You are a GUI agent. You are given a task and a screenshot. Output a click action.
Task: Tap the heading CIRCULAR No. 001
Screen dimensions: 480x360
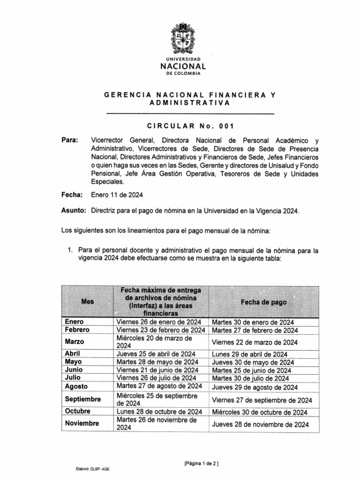(190, 126)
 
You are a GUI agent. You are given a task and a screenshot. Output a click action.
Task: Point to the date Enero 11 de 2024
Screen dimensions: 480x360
(117, 195)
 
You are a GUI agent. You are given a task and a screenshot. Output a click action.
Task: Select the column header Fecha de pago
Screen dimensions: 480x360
(263, 302)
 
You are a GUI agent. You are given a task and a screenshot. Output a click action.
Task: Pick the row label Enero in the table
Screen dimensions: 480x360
(75, 322)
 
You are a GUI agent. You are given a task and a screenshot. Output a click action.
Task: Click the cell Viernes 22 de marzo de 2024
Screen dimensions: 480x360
(255, 342)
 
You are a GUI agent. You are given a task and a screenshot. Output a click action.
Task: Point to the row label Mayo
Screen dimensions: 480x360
(73, 362)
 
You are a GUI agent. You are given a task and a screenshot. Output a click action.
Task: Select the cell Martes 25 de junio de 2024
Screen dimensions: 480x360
(251, 370)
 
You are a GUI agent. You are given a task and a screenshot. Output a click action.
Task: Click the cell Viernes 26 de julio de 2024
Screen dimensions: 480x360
(156, 378)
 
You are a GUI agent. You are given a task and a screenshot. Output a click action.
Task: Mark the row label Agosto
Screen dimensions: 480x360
(76, 387)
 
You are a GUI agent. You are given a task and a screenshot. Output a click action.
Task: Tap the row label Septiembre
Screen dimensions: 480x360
(83, 399)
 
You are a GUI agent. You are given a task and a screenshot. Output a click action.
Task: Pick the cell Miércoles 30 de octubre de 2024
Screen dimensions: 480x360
(259, 412)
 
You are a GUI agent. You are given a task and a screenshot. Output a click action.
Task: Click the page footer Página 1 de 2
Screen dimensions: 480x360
(202, 464)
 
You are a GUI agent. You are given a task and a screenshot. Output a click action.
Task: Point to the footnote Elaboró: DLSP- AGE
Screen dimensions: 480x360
(93, 468)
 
